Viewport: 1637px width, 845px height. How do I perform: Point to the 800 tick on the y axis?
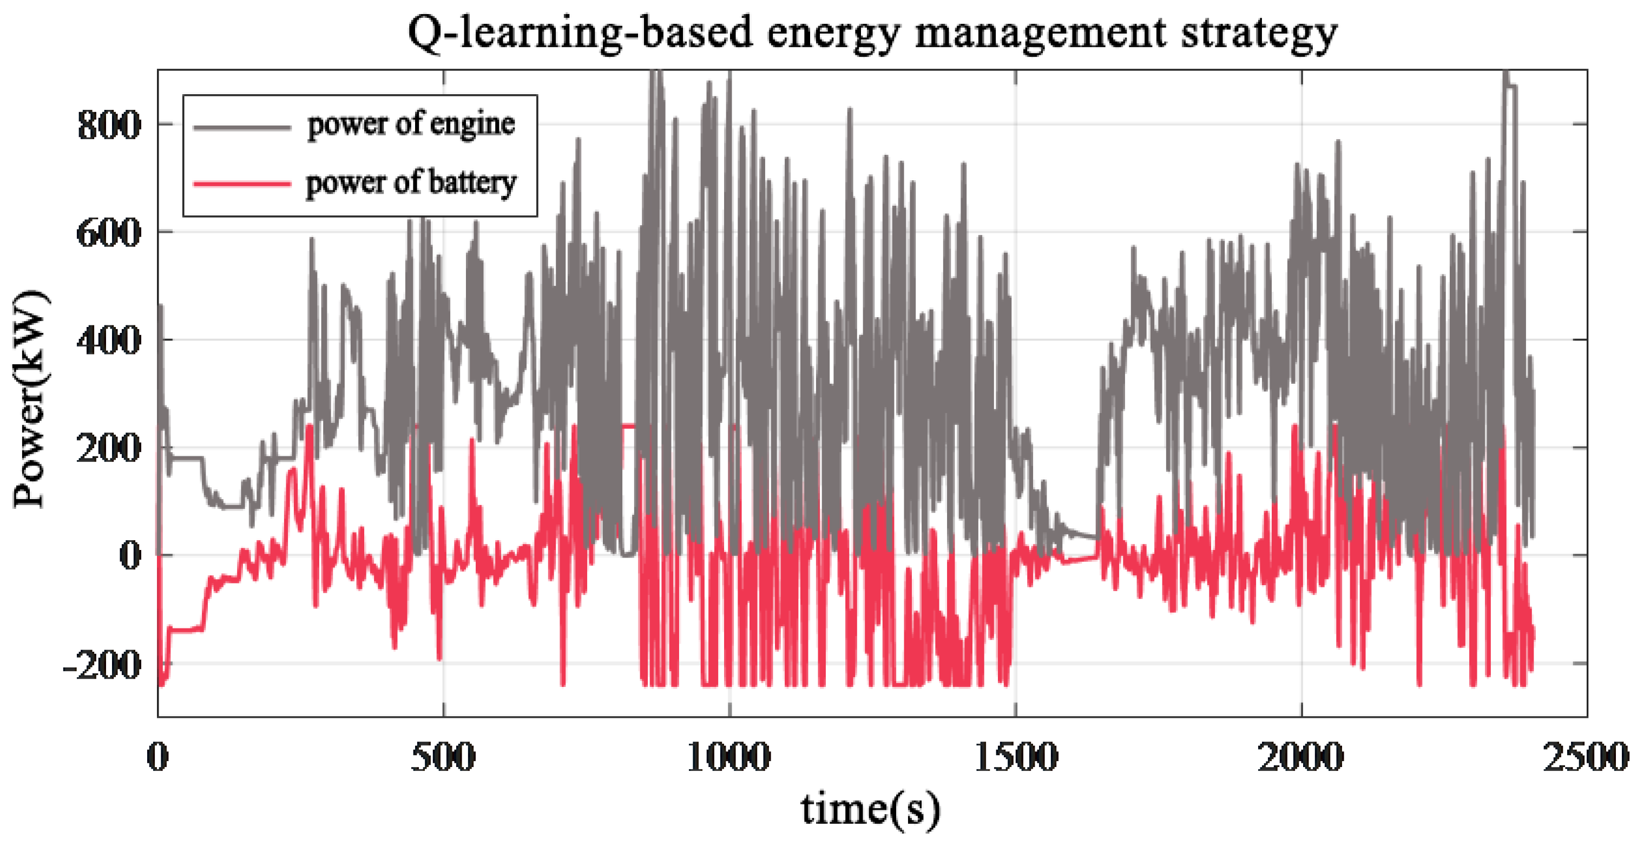(108, 125)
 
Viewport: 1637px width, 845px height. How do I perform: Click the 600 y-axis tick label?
(108, 233)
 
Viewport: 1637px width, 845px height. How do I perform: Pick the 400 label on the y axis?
(108, 341)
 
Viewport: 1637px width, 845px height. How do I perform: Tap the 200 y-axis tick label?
(108, 448)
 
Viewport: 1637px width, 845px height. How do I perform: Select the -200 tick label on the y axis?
(102, 665)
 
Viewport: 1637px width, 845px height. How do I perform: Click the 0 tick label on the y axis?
(130, 556)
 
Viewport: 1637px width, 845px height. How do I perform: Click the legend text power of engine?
(411, 125)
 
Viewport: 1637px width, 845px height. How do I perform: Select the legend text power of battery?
(411, 183)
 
